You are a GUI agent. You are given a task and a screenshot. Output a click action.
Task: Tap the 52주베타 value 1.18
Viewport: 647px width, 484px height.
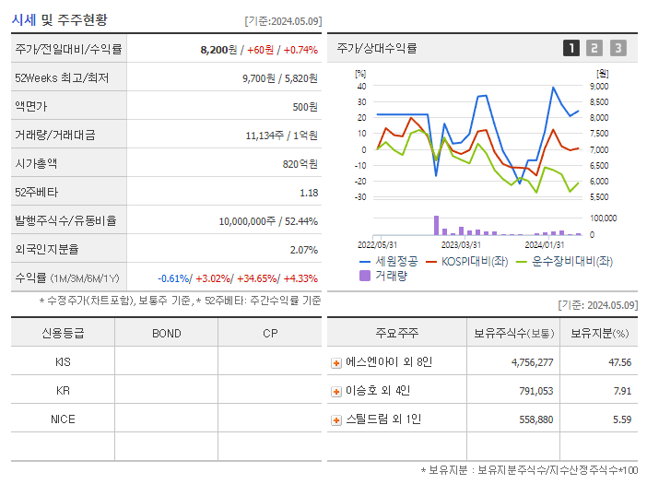[309, 193]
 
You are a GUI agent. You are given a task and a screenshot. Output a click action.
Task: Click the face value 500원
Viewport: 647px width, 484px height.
[305, 107]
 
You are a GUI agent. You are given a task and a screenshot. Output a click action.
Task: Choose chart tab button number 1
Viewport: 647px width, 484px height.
[571, 48]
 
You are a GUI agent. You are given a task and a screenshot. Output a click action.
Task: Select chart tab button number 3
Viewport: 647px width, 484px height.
[618, 48]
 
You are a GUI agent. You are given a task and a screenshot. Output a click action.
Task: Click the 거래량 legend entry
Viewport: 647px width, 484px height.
[391, 276]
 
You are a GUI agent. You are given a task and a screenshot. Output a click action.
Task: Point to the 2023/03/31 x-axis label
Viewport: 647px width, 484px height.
[461, 244]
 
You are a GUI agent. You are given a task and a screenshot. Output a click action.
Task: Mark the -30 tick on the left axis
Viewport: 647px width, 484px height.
[361, 197]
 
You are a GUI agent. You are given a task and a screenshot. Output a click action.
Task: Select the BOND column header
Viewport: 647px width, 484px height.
[166, 333]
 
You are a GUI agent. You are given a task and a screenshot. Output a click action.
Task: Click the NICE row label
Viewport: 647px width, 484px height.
[63, 419]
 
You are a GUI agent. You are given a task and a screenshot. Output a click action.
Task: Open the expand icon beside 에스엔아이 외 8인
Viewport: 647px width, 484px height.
[336, 363]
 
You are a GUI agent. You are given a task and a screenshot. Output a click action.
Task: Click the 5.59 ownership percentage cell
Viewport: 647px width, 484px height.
[620, 419]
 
